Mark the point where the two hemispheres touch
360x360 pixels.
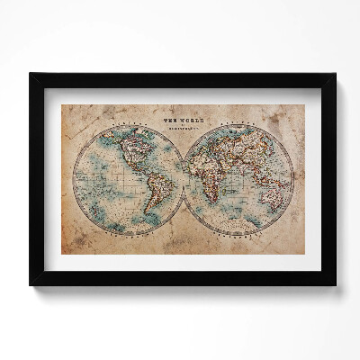coord(184,177)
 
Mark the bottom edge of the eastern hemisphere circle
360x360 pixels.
coord(239,235)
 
